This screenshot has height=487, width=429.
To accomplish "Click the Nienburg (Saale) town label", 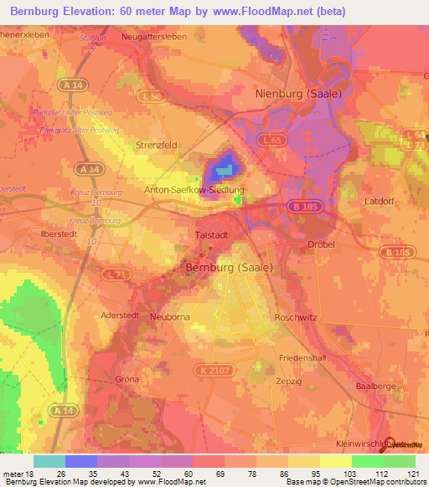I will [x=297, y=94].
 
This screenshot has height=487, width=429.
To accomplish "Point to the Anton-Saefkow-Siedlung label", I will [x=194, y=190].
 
